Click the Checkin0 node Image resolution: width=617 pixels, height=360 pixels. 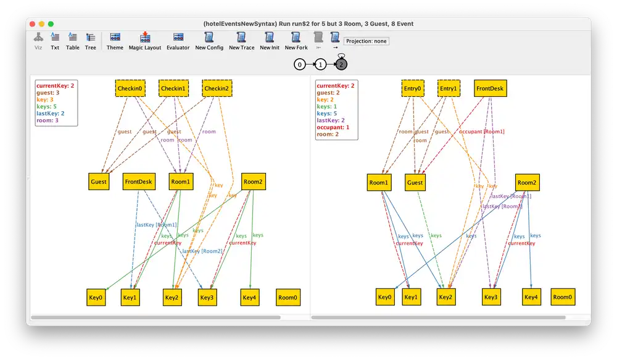click(130, 88)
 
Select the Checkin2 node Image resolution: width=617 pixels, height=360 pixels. click(216, 88)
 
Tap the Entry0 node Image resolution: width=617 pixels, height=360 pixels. click(413, 88)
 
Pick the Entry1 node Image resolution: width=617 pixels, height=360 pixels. click(449, 88)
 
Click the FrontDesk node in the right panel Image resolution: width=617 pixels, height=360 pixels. click(490, 88)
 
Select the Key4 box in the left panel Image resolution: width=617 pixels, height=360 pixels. click(249, 297)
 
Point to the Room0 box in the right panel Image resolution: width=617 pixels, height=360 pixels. click(563, 297)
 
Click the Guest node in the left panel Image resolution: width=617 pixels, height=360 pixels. click(99, 182)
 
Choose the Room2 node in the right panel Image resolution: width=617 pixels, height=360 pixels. click(527, 182)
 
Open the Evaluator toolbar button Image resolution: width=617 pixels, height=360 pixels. click(178, 41)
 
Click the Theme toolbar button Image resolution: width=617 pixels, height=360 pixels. click(115, 41)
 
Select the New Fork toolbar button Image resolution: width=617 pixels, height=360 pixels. click(296, 41)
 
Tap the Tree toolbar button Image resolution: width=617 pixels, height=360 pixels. click(91, 41)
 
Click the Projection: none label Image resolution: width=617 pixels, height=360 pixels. click(366, 41)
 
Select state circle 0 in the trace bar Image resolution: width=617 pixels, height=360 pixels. click(300, 64)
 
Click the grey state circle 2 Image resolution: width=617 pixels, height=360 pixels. click(341, 64)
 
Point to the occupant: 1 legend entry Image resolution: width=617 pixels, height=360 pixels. click(333, 127)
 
